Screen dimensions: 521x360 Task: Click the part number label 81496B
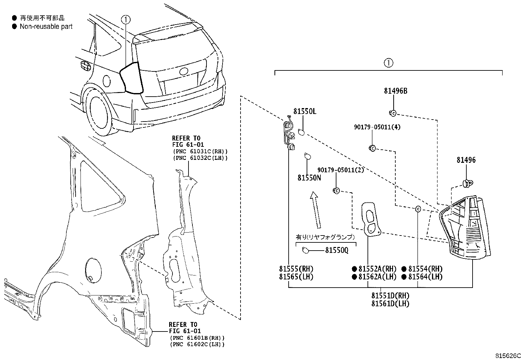tap(395, 91)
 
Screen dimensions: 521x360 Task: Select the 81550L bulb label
tap(305, 111)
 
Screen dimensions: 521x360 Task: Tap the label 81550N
tap(309, 178)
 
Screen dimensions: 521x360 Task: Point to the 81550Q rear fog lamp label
tap(336, 250)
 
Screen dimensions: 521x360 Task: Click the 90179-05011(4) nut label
tap(377, 127)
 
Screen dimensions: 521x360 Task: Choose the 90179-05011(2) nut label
tap(340, 170)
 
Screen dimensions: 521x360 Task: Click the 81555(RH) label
tap(296, 269)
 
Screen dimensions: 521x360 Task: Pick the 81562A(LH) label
tap(377, 277)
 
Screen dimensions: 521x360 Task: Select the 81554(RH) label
tap(425, 269)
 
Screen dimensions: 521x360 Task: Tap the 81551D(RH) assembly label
tap(390, 295)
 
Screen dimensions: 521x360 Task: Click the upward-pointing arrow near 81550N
tap(315, 210)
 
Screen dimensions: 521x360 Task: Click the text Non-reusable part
tap(46, 27)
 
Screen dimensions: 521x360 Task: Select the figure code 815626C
tap(508, 356)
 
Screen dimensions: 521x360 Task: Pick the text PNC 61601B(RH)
tap(197, 338)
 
